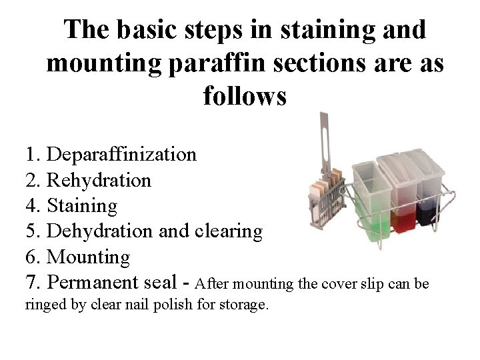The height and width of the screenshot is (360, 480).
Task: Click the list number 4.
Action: tap(30, 206)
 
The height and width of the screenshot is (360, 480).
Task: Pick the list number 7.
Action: tap(30, 282)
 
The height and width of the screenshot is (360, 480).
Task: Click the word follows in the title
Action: tap(245, 97)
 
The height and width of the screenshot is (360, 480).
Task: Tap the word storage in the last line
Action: tap(245, 307)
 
